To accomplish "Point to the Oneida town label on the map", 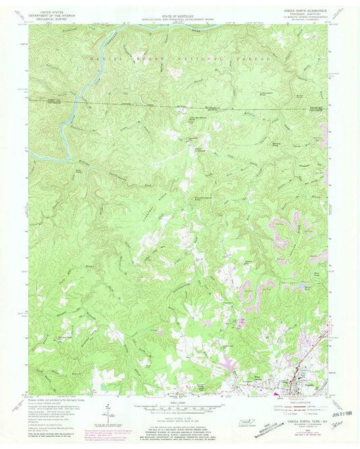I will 294,386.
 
